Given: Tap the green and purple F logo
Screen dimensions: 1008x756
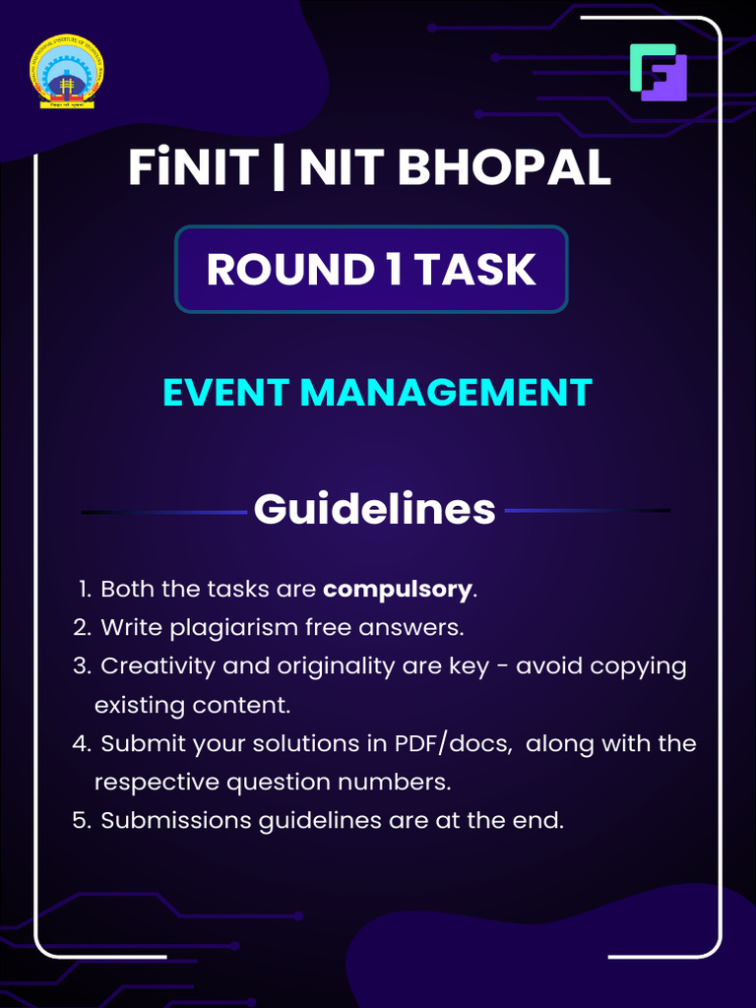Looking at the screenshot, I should [x=658, y=72].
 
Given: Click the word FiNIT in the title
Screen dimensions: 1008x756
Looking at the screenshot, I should [x=193, y=168].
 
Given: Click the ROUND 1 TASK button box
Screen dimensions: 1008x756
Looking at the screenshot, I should [x=371, y=270].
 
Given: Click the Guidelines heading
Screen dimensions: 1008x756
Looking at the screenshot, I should [x=374, y=509].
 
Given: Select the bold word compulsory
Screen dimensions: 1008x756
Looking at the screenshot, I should [x=398, y=589].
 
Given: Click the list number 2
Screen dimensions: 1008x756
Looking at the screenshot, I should [x=81, y=627].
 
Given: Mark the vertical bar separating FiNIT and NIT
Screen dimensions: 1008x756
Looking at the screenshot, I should [x=279, y=168].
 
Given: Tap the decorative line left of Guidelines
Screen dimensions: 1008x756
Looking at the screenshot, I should [x=163, y=512].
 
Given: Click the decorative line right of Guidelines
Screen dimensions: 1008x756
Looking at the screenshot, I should [x=587, y=511].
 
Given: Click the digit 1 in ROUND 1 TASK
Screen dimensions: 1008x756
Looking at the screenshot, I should [x=394, y=270].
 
